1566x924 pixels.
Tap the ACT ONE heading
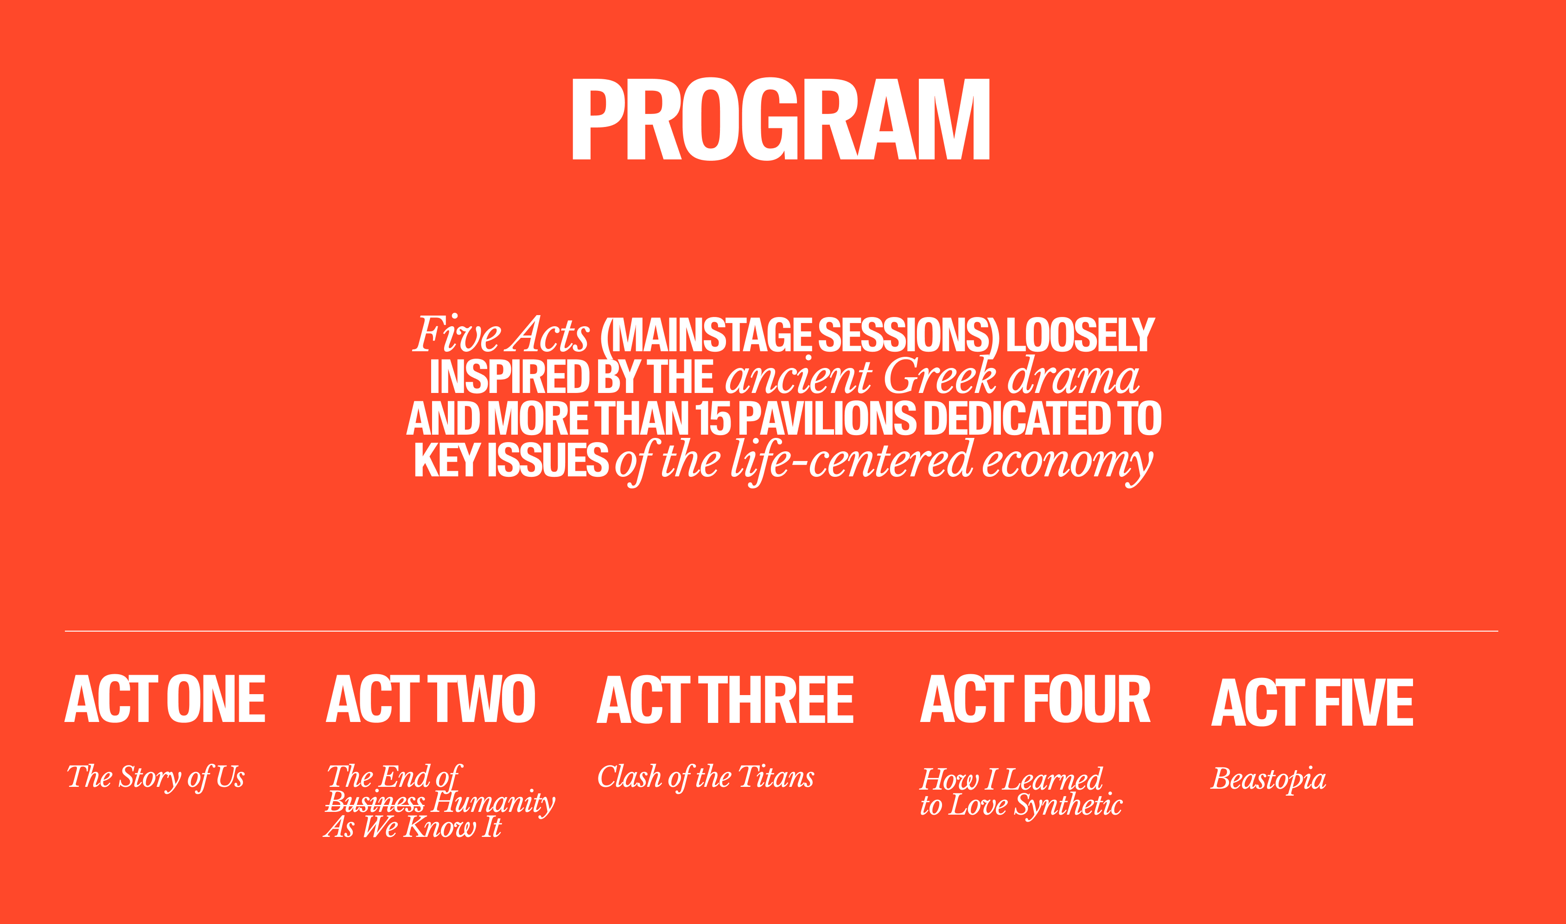click(165, 699)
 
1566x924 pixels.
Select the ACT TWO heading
click(430, 699)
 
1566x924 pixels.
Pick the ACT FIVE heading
click(1312, 702)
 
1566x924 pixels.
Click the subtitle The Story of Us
click(156, 778)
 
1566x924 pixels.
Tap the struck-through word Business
click(376, 802)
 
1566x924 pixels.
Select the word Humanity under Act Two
click(493, 803)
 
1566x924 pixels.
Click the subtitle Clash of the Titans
click(706, 777)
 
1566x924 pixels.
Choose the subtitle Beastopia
click(1268, 779)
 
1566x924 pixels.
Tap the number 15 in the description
click(714, 418)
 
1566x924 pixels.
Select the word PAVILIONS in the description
click(828, 418)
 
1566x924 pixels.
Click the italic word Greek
click(940, 376)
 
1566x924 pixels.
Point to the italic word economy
click(1068, 462)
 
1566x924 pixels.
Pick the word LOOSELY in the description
click(1081, 335)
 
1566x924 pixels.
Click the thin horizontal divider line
click(781, 631)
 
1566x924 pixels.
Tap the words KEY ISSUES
click(511, 461)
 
